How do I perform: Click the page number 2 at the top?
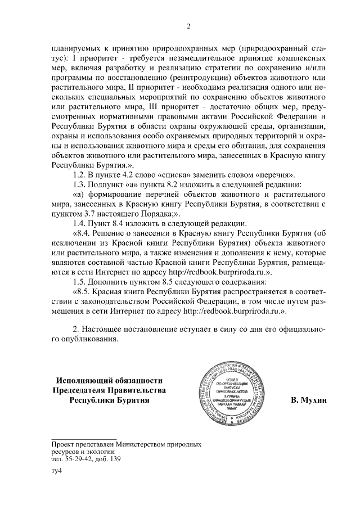pyautogui.click(x=189, y=25)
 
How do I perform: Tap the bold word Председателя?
pyautogui.click(x=84, y=391)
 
